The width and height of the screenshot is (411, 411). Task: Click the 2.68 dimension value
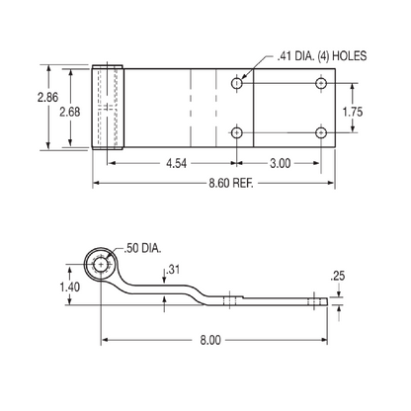point(68,112)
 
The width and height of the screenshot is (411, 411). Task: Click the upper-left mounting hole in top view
point(237,84)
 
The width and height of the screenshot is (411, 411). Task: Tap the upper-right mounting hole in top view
point(320,84)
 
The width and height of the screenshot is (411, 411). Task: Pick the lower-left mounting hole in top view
point(237,131)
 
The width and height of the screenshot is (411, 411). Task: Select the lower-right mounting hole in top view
point(320,131)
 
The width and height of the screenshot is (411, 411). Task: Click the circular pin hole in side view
point(100,265)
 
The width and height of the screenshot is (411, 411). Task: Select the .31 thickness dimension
point(175,270)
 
